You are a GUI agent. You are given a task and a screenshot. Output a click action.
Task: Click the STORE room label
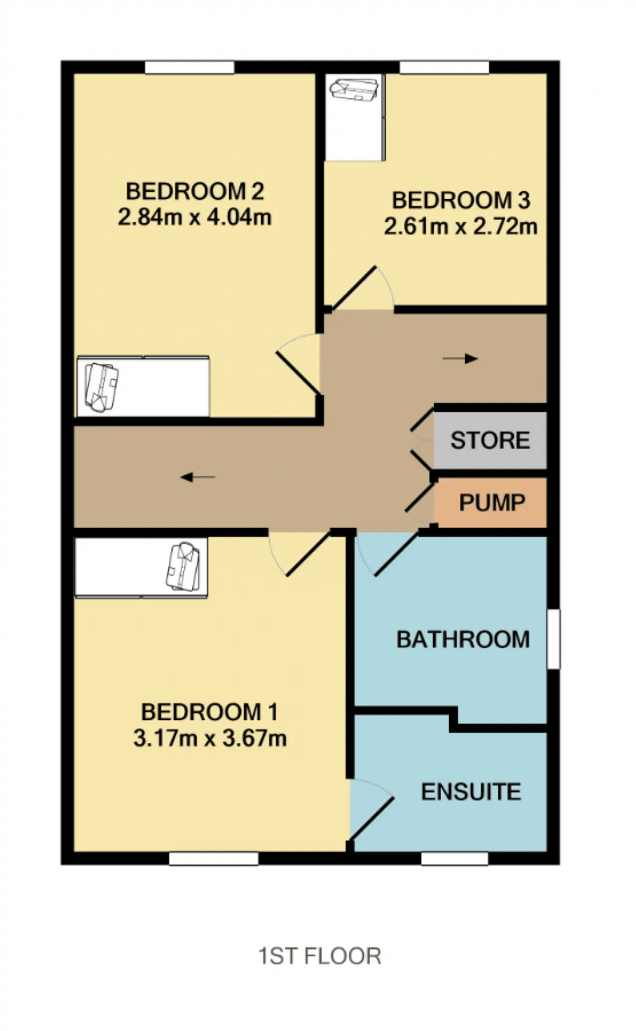click(x=490, y=440)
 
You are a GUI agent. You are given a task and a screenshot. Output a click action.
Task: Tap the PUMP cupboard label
click(x=492, y=502)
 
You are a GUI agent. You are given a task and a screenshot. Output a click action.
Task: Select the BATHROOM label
click(x=463, y=639)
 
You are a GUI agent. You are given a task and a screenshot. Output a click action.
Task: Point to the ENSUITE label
click(x=471, y=792)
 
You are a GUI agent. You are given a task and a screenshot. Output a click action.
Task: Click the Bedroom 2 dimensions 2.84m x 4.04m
click(x=194, y=217)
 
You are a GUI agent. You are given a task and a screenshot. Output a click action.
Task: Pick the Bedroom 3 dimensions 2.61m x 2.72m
click(x=461, y=227)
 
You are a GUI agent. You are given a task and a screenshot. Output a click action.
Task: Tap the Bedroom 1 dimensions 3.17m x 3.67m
click(x=210, y=738)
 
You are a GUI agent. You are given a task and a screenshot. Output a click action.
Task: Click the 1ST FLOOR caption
click(x=319, y=956)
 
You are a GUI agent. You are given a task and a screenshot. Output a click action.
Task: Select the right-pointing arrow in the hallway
click(x=460, y=359)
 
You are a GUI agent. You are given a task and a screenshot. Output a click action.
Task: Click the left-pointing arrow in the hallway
click(x=198, y=477)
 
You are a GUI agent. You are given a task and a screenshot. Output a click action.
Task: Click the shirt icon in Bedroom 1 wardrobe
click(x=183, y=567)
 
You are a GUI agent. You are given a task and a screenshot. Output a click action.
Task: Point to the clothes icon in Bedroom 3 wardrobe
click(x=355, y=89)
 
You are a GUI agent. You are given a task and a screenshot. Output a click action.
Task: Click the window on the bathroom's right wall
click(x=554, y=639)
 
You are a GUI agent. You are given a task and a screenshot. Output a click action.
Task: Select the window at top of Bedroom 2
click(x=189, y=67)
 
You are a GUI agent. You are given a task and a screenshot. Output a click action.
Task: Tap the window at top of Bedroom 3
click(x=444, y=67)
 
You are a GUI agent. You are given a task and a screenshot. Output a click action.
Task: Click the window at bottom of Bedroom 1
click(x=214, y=859)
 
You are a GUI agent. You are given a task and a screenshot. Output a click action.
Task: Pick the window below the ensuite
click(x=455, y=859)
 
